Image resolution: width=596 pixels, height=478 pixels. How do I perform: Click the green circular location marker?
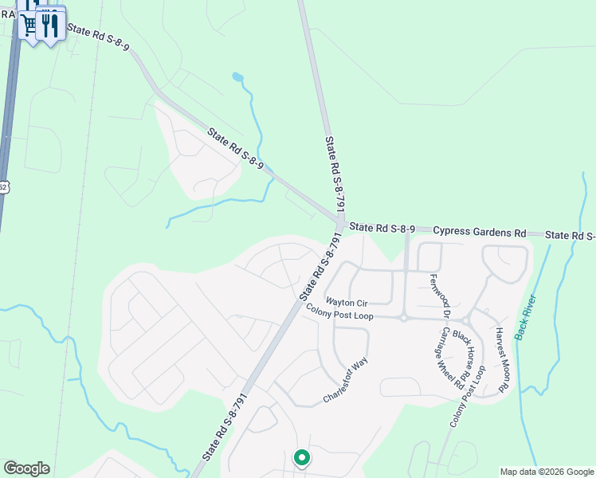click(x=301, y=458)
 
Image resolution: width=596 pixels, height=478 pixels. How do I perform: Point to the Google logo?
click(x=26, y=468)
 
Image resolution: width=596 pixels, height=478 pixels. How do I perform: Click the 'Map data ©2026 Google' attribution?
click(x=547, y=472)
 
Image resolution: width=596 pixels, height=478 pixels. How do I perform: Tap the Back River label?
click(x=526, y=317)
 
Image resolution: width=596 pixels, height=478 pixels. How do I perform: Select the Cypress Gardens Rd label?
click(x=480, y=232)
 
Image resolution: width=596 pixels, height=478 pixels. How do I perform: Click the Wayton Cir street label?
click(x=347, y=303)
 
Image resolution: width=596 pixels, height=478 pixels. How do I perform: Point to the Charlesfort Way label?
click(x=346, y=379)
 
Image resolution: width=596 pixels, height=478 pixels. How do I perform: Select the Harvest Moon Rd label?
click(x=501, y=360)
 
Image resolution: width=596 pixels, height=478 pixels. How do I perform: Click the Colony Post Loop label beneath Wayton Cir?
click(x=339, y=315)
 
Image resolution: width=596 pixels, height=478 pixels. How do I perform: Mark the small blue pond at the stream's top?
click(x=237, y=77)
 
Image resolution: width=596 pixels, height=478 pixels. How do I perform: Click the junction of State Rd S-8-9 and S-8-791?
click(x=340, y=223)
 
